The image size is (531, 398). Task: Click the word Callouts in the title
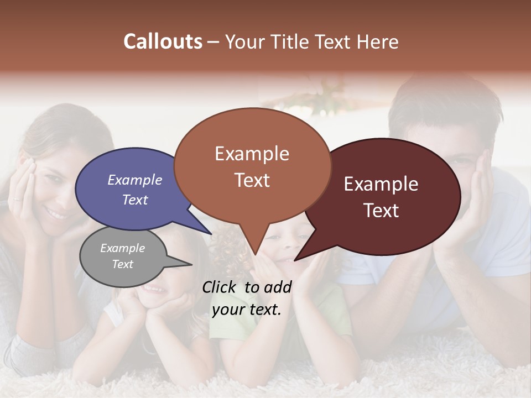point(163,41)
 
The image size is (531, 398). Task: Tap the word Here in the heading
point(378,41)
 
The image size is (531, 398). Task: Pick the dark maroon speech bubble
point(387,196)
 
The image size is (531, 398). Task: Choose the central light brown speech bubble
point(252,166)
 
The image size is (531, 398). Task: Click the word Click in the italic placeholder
point(218,287)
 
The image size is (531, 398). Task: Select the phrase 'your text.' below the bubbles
point(247,309)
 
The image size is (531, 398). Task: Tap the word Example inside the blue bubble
point(135,180)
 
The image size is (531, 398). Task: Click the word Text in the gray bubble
point(123,264)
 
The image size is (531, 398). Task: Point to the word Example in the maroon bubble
point(381,184)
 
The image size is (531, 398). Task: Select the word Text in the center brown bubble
point(252,180)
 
